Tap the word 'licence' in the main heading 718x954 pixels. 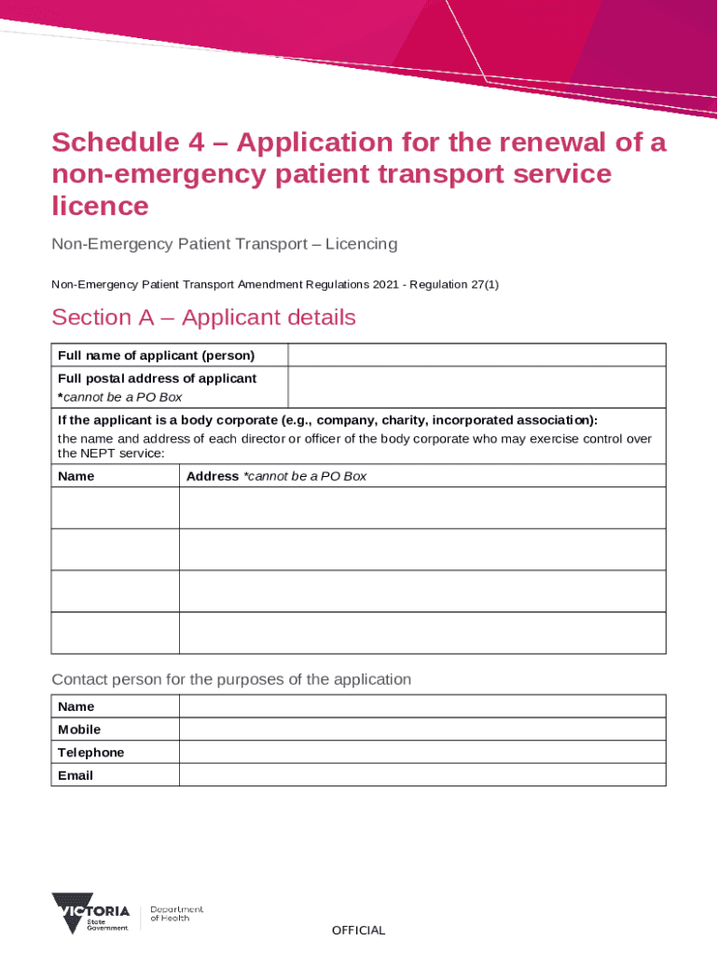tap(100, 205)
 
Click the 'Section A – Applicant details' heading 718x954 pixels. tap(203, 318)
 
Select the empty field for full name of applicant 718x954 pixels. tap(476, 356)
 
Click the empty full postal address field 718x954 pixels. tap(476, 388)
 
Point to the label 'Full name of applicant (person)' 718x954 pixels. tap(157, 356)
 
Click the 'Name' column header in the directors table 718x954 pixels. tap(76, 476)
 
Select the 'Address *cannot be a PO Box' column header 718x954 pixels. tap(276, 476)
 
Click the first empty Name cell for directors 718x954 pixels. tap(115, 508)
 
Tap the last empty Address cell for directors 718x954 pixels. tap(421, 634)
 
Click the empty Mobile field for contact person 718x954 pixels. tap(421, 729)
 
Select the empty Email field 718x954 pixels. tap(421, 775)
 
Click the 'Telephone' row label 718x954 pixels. tap(90, 753)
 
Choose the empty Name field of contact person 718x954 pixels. tap(421, 706)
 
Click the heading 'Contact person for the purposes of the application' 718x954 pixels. tap(231, 679)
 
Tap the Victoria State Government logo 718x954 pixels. tap(91, 913)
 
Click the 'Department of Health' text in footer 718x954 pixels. tap(176, 914)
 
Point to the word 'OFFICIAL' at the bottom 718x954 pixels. tap(358, 930)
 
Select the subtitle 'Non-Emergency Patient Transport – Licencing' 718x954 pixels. tap(224, 244)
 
